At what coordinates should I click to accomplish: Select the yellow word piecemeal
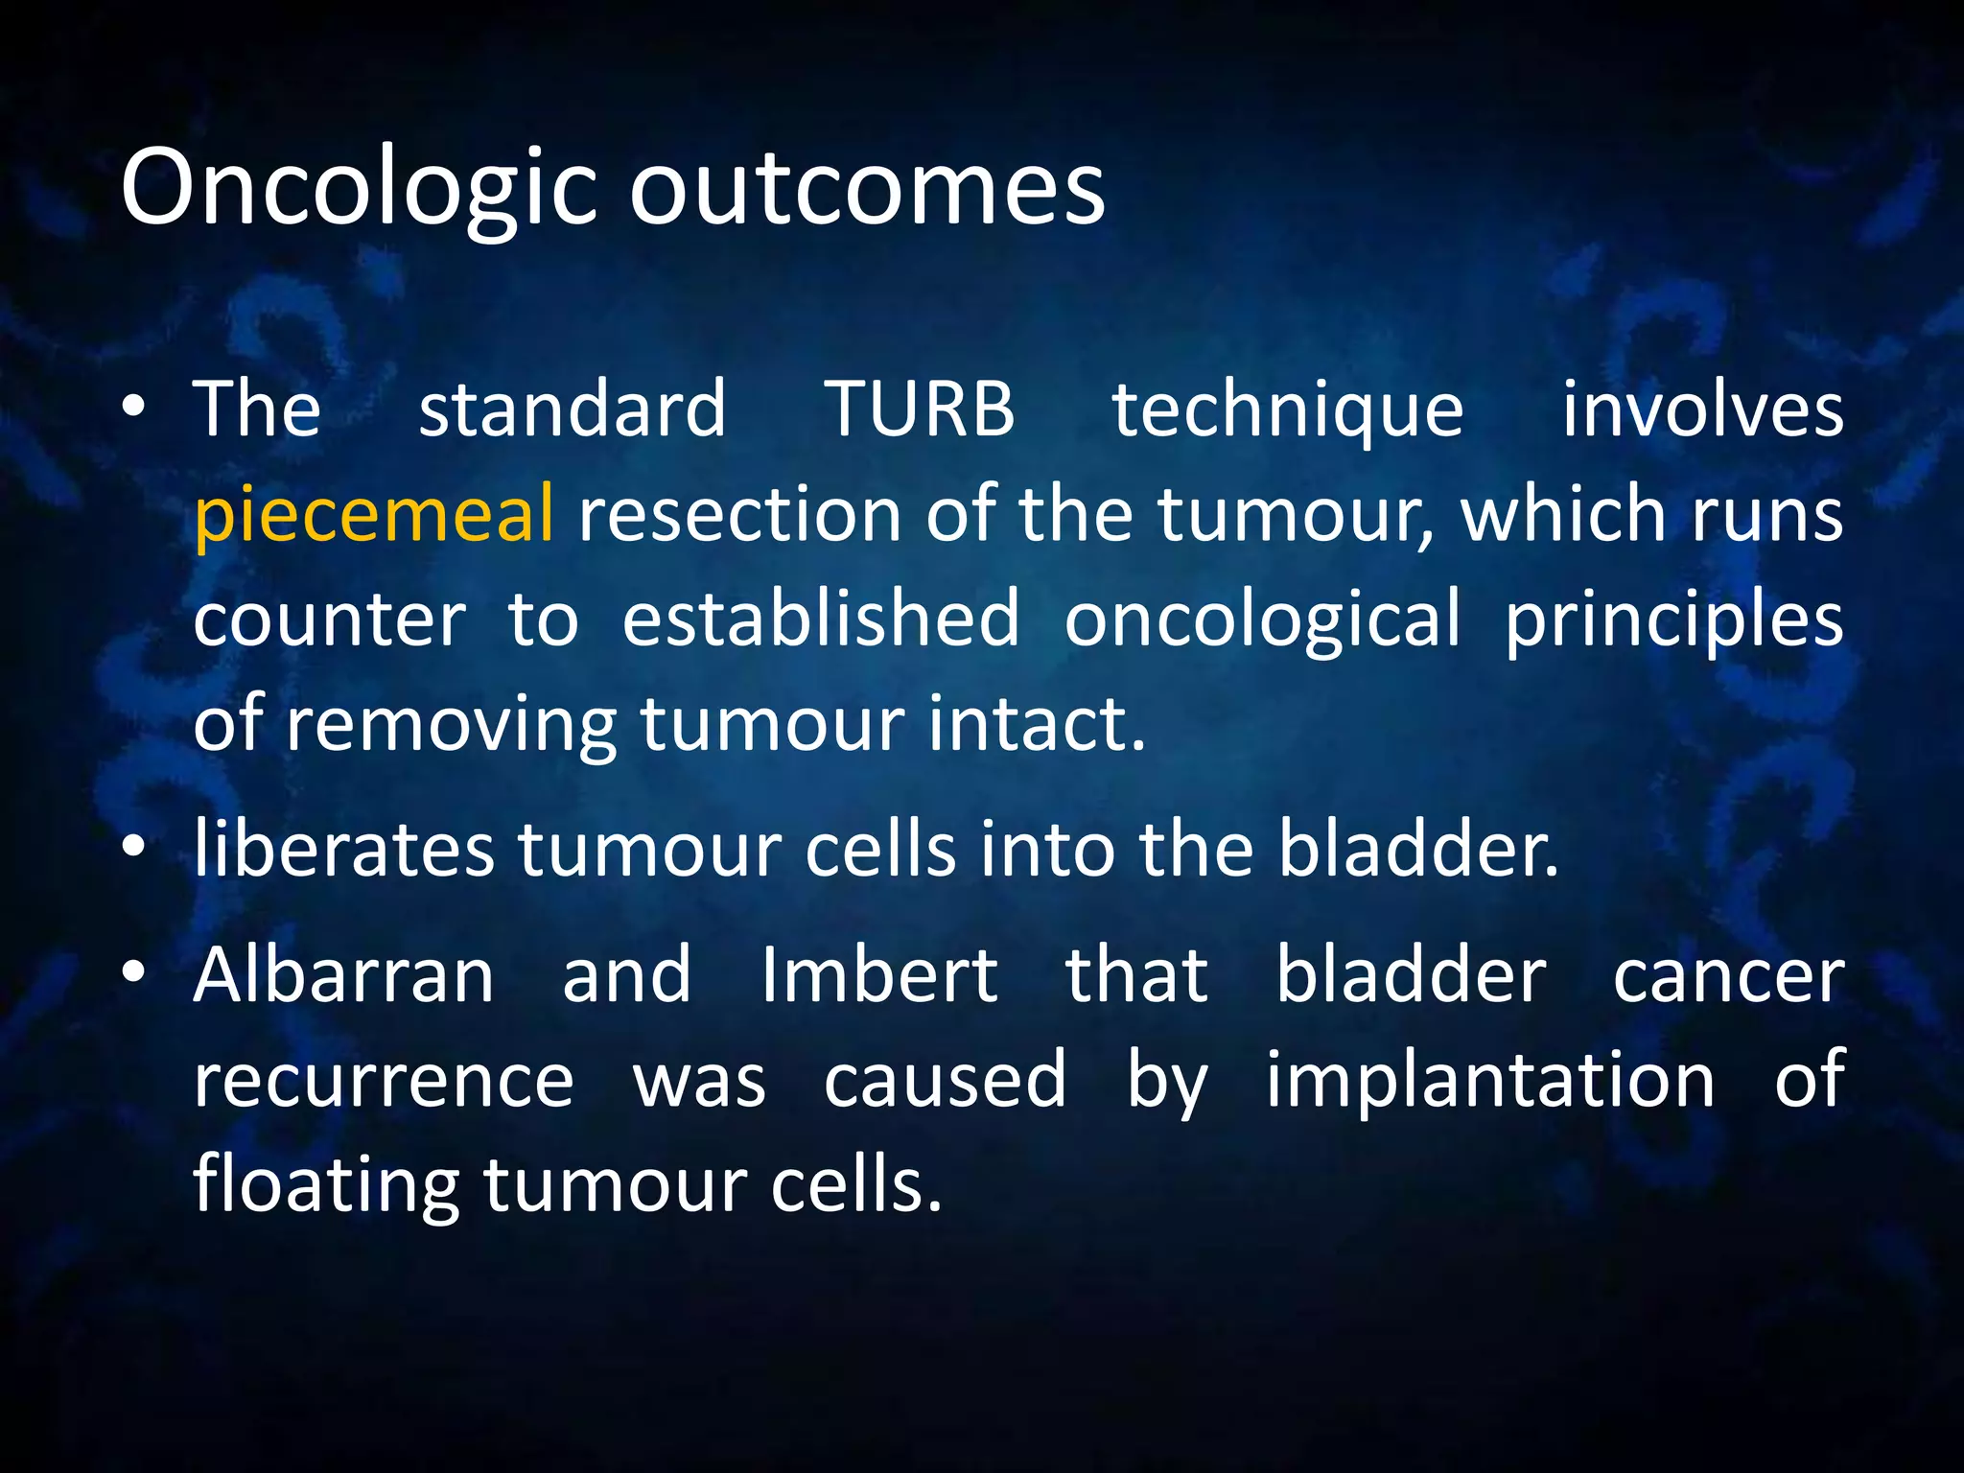[374, 515]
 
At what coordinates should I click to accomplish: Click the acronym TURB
[919, 409]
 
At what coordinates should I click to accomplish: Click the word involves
[1702, 409]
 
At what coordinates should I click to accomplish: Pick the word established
[821, 619]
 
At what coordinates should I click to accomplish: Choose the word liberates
[343, 849]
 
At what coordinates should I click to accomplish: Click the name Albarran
[343, 975]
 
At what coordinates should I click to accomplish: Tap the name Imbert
[878, 975]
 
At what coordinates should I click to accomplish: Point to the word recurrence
[384, 1081]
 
